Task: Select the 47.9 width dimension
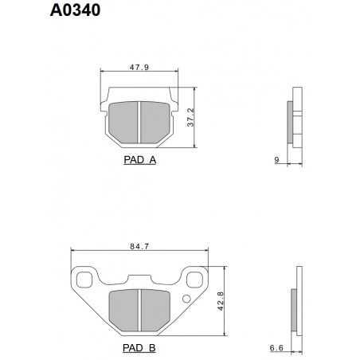(x=140, y=68)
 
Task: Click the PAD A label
(x=140, y=159)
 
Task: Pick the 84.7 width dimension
(x=139, y=247)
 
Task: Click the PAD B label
(x=139, y=348)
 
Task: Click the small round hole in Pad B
(x=186, y=299)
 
